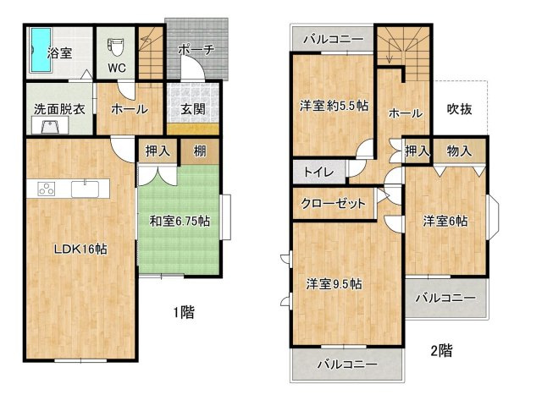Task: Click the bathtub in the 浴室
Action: click(x=40, y=51)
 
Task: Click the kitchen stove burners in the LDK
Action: click(x=44, y=189)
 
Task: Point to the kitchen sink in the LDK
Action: click(x=85, y=189)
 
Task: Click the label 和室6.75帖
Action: click(x=180, y=222)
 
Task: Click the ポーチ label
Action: click(x=196, y=50)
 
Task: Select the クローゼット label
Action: click(x=334, y=204)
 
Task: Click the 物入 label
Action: click(x=460, y=151)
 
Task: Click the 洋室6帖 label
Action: click(x=445, y=222)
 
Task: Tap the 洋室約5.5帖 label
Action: click(x=334, y=107)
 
